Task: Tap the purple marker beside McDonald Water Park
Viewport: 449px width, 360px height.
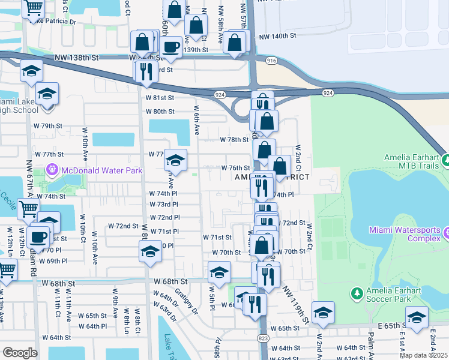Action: (52, 170)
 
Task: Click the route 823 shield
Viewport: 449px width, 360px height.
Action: (263, 338)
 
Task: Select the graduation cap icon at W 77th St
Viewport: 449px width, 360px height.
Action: (175, 160)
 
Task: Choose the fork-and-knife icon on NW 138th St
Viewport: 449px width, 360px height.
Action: (146, 70)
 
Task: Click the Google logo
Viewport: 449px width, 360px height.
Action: (20, 352)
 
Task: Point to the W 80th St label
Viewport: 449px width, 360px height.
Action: (160, 112)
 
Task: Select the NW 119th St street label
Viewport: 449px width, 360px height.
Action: (294, 306)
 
